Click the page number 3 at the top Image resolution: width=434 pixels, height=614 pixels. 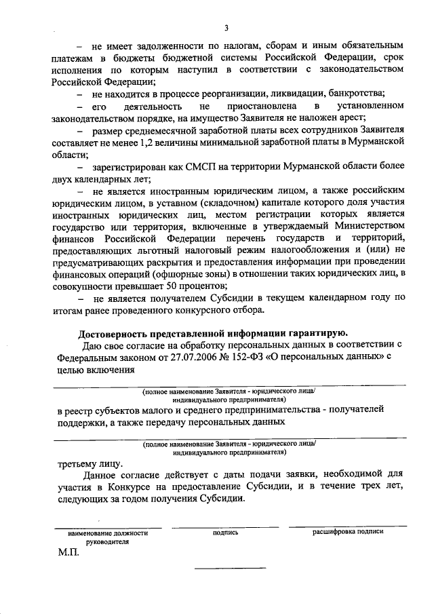pyautogui.click(x=227, y=28)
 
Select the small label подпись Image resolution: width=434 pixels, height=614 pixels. pyautogui.click(x=225, y=533)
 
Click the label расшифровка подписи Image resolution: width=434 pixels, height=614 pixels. pyautogui.click(x=347, y=533)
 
